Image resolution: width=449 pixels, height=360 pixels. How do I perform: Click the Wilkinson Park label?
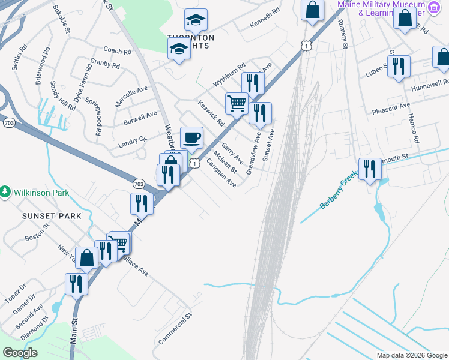(x=43, y=193)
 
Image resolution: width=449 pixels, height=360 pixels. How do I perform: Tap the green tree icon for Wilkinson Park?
(x=5, y=191)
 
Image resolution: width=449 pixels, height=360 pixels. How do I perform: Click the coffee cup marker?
(x=191, y=138)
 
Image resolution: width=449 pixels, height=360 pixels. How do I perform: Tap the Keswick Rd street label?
(x=211, y=112)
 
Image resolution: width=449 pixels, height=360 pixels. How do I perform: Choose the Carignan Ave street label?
(x=221, y=173)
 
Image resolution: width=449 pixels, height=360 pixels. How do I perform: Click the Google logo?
(x=20, y=353)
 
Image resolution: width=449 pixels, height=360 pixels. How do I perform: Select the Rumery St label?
(x=343, y=32)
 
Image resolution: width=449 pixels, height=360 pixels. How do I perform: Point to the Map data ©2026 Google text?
(x=411, y=355)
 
